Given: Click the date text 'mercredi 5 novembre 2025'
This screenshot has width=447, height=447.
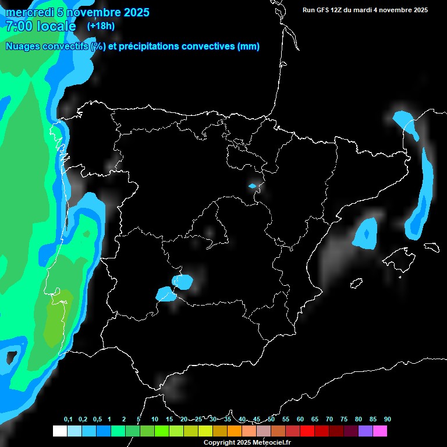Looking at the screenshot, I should (77, 12).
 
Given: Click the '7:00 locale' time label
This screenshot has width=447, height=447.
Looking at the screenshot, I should (41, 26).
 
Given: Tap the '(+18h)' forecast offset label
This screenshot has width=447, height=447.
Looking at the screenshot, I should (101, 26).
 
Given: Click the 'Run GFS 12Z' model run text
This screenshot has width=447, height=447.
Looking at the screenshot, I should (330, 10).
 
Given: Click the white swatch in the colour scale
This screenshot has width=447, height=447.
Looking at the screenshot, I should (59, 431).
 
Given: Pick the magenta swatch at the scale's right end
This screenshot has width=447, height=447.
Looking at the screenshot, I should (380, 431).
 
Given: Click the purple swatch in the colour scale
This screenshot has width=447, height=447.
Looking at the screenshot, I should (365, 431).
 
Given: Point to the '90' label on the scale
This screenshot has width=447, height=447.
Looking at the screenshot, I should (387, 420).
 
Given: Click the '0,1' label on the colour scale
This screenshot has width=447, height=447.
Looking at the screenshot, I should (68, 420).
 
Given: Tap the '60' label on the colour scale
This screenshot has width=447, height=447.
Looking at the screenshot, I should (300, 420).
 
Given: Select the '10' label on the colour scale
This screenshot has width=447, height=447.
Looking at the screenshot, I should (154, 420).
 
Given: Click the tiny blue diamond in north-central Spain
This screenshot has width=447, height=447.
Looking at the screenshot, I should (252, 186).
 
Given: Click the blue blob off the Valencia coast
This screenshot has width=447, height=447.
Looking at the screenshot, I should (366, 233).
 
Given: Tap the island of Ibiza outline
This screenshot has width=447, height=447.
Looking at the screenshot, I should (356, 283).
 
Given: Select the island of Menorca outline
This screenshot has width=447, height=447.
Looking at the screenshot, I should (431, 247).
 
